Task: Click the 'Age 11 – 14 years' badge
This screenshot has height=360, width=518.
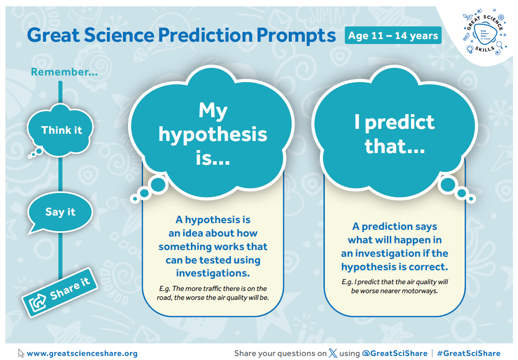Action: click(x=393, y=35)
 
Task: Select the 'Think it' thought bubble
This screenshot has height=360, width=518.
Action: click(x=62, y=130)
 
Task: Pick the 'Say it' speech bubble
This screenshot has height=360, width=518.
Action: click(x=60, y=212)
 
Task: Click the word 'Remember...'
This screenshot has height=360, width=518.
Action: click(x=64, y=71)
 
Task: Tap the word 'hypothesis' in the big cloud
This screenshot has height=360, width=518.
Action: click(x=213, y=134)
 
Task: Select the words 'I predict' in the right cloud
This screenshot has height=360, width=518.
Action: click(x=394, y=122)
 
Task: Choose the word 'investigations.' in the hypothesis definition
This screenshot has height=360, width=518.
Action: click(x=213, y=273)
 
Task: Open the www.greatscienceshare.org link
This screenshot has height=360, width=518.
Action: click(x=82, y=353)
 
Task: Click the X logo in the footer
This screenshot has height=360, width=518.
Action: click(x=333, y=353)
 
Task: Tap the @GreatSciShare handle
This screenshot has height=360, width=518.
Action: click(x=394, y=353)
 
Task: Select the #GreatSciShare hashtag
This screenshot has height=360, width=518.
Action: click(x=469, y=353)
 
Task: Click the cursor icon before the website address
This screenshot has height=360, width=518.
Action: click(x=21, y=353)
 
